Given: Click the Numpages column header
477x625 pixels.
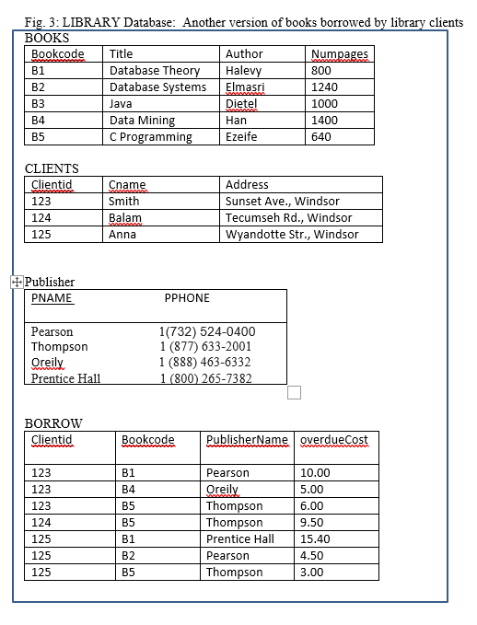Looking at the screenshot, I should [340, 54].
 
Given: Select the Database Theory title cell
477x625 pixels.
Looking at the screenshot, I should [155, 71].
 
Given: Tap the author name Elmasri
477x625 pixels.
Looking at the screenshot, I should [244, 87].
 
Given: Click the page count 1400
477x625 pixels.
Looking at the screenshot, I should [324, 121].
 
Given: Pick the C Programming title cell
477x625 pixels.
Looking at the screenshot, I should [151, 137].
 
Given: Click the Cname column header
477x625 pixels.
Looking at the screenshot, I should [127, 185].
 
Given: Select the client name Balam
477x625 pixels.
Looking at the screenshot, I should [125, 218].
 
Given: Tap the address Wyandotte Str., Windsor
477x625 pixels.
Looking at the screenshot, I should [292, 235].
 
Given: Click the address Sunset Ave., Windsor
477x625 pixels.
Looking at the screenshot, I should [283, 202].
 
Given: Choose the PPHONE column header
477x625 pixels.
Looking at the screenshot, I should [187, 298].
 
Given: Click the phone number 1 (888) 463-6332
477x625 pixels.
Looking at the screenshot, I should [205, 363].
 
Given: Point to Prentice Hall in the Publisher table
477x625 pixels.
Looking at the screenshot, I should [66, 378].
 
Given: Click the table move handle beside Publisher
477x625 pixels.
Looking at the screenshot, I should [16, 281].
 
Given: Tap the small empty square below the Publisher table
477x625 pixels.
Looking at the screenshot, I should [295, 393].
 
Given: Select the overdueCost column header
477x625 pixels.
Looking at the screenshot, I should [334, 440].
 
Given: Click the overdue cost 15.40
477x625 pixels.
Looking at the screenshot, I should [316, 539].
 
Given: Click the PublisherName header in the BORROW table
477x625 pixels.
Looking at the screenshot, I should [247, 440].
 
